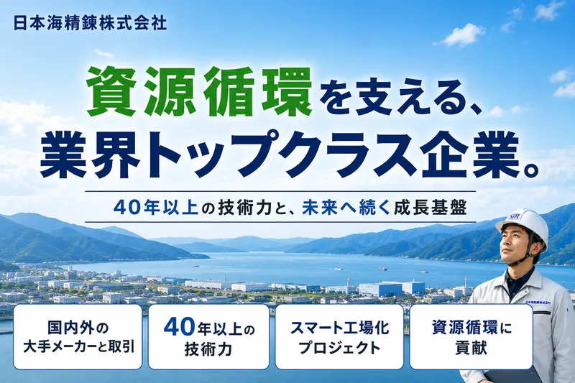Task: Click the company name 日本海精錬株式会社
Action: [x=90, y=24]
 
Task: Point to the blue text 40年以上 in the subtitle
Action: [x=156, y=208]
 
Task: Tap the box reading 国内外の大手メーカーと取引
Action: [x=78, y=337]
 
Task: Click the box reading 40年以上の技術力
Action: [x=208, y=337]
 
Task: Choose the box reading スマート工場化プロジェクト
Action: [x=339, y=337]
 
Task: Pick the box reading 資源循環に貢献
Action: [x=471, y=337]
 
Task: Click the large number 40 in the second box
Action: [x=178, y=326]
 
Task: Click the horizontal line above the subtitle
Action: [x=280, y=191]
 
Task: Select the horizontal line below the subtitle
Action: [x=280, y=222]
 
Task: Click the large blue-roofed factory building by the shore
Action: [x=391, y=287]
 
